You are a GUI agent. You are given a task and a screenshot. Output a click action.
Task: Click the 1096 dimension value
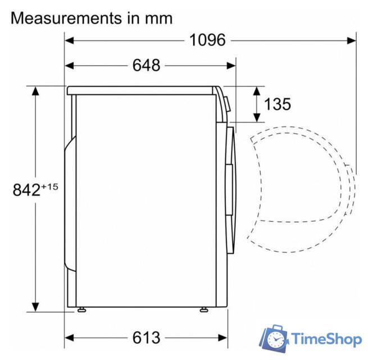coord(207,40)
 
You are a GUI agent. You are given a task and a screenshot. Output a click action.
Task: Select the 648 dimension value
coord(146,65)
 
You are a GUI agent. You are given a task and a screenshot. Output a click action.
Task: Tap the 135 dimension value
coord(277,104)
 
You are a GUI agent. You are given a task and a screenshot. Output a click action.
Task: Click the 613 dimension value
coord(146,337)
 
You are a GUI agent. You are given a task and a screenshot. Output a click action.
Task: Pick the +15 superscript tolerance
coord(49,185)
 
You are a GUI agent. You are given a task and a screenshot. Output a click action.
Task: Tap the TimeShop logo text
coord(325,339)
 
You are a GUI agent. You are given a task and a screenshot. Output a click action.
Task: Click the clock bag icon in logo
coord(275,337)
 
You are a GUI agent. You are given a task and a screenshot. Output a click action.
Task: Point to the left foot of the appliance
coord(82,308)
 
